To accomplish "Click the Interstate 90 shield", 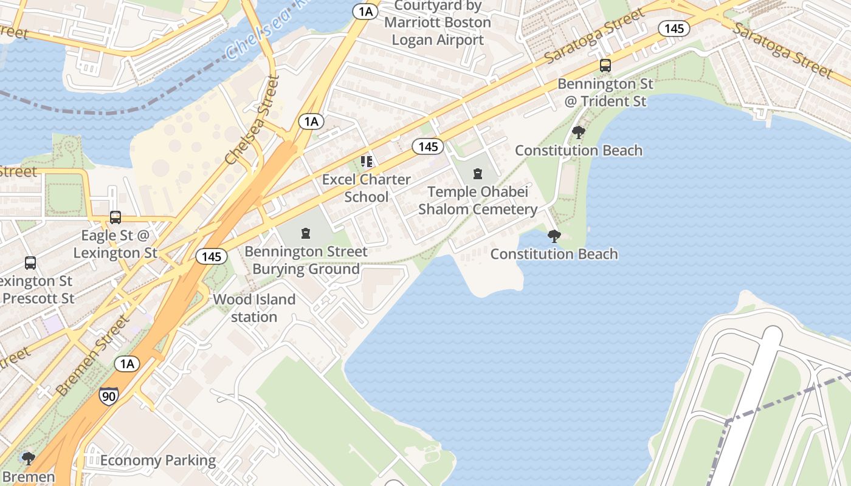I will point(109,396).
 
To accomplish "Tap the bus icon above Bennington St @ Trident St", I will point(605,66).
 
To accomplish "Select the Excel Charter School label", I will point(366,188).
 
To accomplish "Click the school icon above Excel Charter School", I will point(366,162).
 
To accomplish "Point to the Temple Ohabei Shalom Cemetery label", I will point(477,200).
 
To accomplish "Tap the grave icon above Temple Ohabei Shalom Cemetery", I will point(478,174).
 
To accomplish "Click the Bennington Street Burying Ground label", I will point(306,260).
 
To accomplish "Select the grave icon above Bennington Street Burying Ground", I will point(306,233).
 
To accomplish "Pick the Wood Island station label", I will point(254,308).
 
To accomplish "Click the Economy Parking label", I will point(157,460).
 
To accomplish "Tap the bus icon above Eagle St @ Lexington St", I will point(115,217).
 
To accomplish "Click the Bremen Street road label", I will point(92,355).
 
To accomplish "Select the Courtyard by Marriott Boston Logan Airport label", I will point(438,23).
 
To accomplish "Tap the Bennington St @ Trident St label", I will point(605,92).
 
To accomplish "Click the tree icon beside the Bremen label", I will point(27,457).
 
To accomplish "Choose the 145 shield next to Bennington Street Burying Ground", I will point(212,256).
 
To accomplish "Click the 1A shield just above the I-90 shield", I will point(126,364).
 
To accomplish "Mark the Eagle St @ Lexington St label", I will point(115,244).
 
